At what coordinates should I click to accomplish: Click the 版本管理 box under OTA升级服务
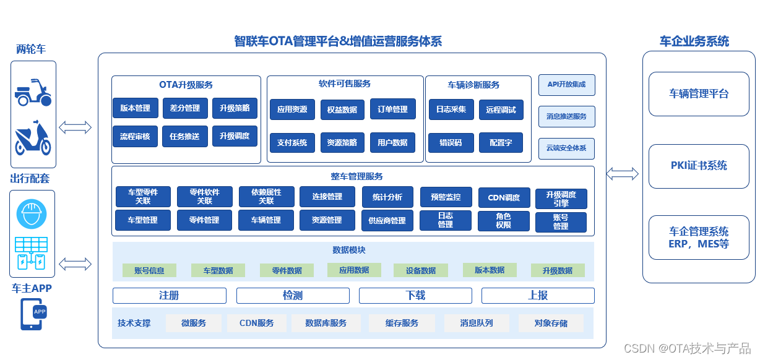135,108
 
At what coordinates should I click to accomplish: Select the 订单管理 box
392,109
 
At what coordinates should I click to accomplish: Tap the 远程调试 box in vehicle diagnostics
501,110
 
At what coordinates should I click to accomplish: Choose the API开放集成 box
566,85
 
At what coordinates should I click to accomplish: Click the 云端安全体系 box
566,148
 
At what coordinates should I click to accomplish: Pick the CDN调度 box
504,198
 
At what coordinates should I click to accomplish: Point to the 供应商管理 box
387,220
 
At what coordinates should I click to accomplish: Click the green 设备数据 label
421,270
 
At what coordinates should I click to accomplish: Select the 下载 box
415,296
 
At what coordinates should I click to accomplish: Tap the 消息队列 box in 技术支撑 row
477,323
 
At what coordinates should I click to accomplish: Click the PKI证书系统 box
699,166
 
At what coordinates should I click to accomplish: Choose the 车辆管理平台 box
699,94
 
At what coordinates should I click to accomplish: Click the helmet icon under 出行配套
32,215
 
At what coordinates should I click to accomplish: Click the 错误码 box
451,142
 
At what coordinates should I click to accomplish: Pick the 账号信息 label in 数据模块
149,270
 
